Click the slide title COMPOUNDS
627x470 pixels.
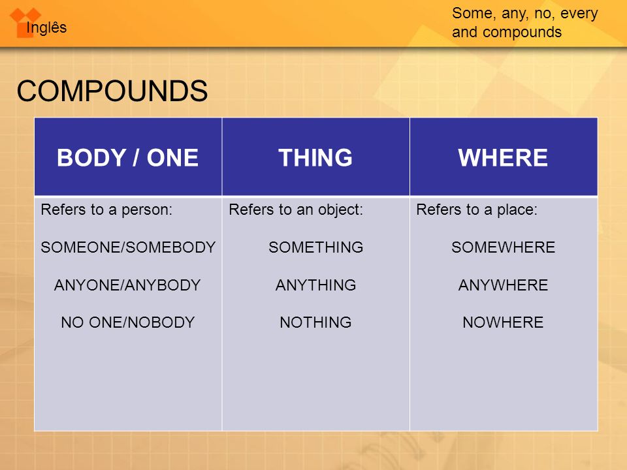(112, 91)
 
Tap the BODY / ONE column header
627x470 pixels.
(128, 157)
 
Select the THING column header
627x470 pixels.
(315, 157)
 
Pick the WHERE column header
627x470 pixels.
(503, 157)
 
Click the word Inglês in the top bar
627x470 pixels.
(46, 27)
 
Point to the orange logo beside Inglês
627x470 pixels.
(25, 23)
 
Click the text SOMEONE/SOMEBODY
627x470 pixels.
(128, 247)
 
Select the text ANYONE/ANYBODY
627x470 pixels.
(127, 285)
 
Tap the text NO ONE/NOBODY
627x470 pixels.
(128, 322)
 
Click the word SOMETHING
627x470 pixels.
(316, 247)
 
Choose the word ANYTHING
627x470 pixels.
(316, 285)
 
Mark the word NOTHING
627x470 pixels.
(316, 322)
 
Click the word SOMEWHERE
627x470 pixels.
(504, 247)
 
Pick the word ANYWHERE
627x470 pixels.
(504, 285)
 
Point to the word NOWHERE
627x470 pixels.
(504, 322)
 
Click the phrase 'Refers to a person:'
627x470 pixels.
(106, 210)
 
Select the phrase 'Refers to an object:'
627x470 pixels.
(296, 210)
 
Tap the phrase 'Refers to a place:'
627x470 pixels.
(477, 210)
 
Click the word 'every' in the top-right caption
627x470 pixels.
(579, 14)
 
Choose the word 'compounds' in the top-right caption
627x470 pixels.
(522, 32)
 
